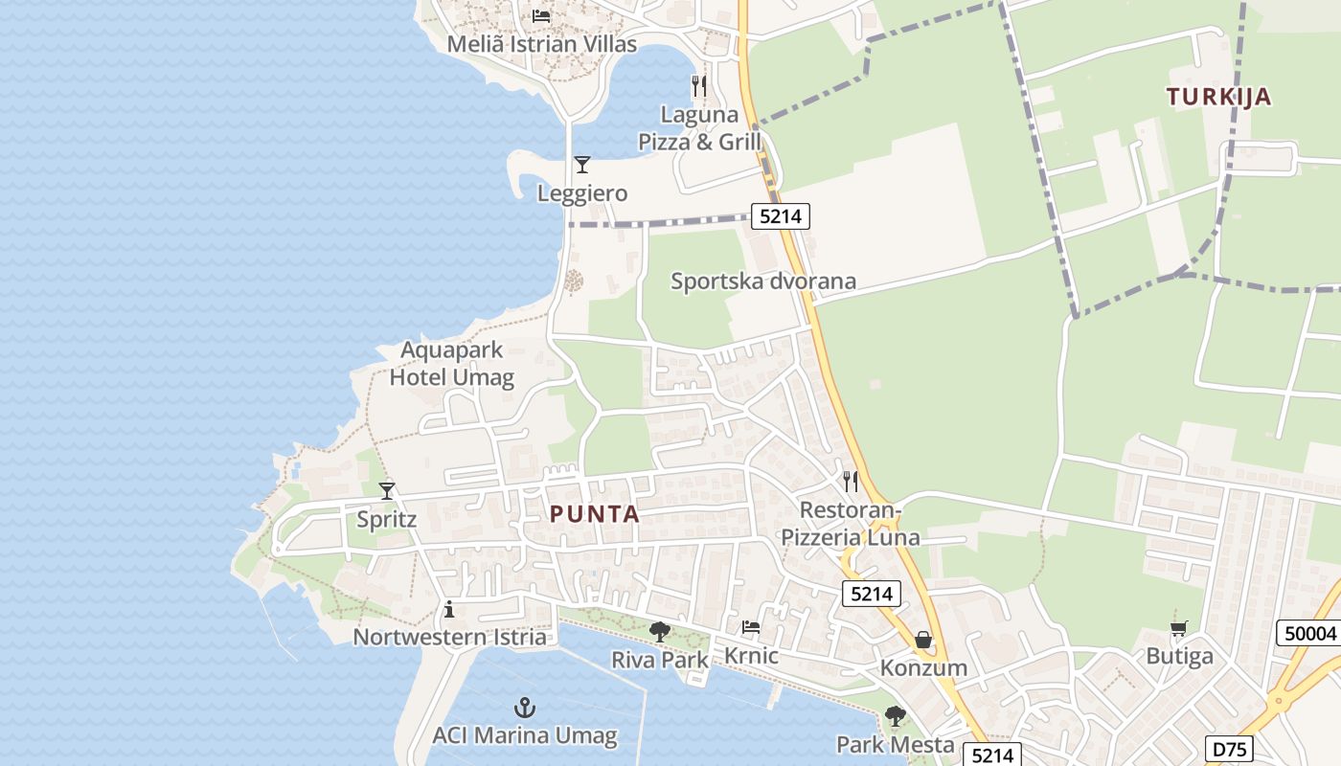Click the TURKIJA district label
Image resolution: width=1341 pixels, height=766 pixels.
click(x=1218, y=97)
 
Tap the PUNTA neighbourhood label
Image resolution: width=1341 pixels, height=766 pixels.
click(x=594, y=514)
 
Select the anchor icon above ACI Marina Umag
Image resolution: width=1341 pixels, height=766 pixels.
click(x=524, y=709)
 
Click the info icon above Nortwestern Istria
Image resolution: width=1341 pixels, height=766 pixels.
click(x=449, y=610)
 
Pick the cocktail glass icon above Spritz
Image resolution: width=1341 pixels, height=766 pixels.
click(x=387, y=491)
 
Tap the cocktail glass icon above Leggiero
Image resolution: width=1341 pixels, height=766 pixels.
click(x=581, y=165)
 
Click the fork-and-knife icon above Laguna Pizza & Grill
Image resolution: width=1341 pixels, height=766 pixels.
click(x=699, y=86)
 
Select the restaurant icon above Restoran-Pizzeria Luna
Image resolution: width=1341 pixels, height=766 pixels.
click(x=850, y=481)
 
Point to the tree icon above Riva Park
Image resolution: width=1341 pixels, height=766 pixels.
click(x=659, y=632)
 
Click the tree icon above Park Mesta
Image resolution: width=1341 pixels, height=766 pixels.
click(x=895, y=716)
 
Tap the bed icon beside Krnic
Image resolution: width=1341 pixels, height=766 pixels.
click(x=751, y=627)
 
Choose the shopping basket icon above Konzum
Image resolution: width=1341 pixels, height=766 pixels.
click(x=923, y=640)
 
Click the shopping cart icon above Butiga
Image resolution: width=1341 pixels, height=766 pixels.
click(x=1179, y=628)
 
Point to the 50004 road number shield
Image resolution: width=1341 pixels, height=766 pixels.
click(x=1309, y=633)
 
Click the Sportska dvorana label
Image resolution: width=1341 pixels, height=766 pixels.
click(x=762, y=282)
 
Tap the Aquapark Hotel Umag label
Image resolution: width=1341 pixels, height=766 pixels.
click(x=451, y=364)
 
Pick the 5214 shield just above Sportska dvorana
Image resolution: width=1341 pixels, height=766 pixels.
click(x=780, y=216)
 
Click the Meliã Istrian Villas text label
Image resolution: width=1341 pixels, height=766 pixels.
click(x=541, y=44)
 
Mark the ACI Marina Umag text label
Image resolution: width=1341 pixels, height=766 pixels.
click(x=524, y=735)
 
